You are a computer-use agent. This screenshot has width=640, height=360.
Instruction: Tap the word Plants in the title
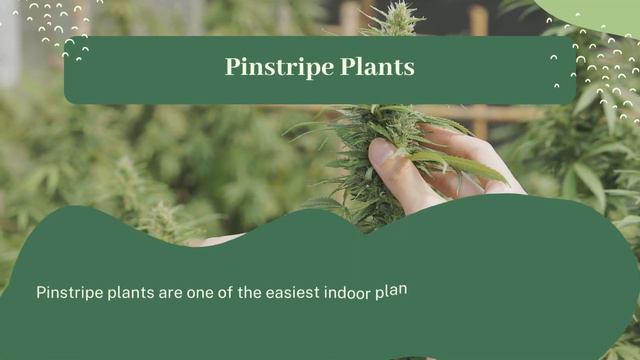tap(377, 67)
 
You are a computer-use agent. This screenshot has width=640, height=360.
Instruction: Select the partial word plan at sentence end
tap(391, 291)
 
